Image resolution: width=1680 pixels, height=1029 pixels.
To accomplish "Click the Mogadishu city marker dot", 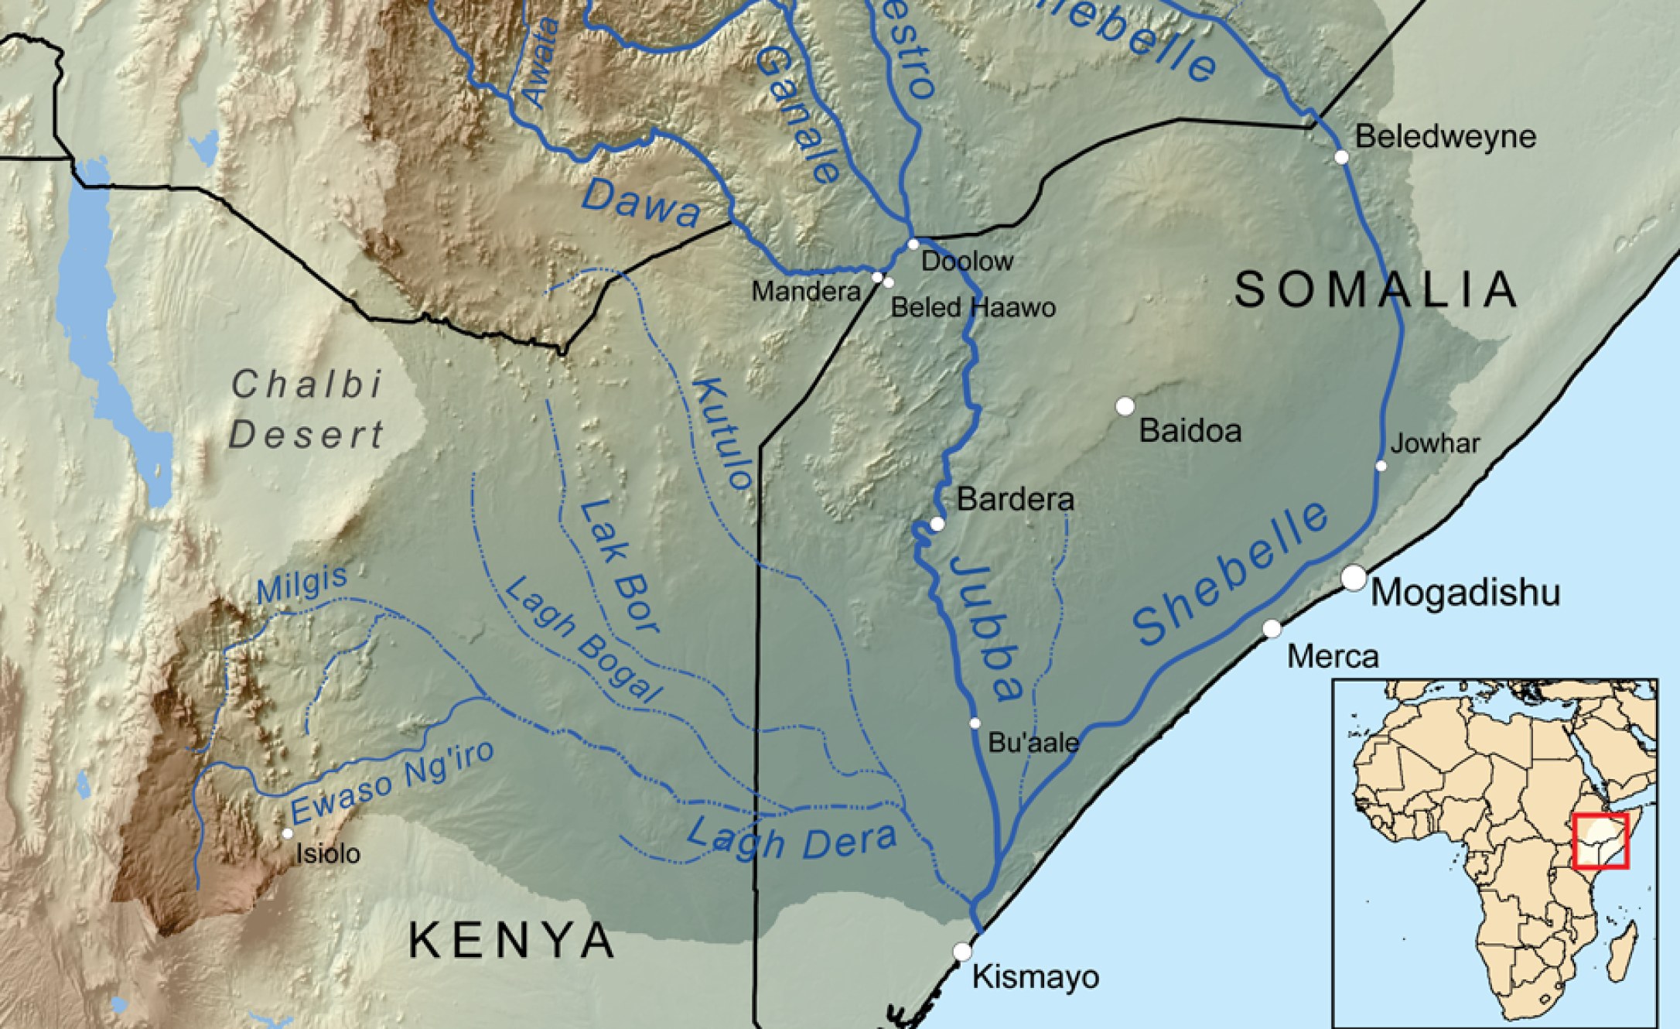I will click(x=1354, y=578).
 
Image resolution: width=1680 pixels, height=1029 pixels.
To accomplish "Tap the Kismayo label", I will click(x=1035, y=977).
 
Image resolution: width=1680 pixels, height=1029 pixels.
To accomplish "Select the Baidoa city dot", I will click(x=1125, y=406).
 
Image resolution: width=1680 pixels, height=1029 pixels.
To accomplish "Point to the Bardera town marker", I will click(x=937, y=525).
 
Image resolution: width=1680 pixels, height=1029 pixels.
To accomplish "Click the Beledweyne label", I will click(x=1445, y=137).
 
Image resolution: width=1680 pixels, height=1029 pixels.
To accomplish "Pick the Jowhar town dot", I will click(x=1381, y=466).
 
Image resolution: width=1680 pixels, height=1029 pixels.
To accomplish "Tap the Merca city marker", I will click(x=1272, y=629).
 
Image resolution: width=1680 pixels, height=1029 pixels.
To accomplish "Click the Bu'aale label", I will click(x=1033, y=743).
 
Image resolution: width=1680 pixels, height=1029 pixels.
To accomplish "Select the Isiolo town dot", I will click(x=287, y=833).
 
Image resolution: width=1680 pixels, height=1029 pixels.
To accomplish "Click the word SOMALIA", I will click(x=1375, y=290).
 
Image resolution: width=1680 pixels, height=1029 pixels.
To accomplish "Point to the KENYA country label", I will click(x=511, y=940).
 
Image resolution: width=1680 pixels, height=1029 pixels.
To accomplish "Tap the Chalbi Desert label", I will click(x=307, y=410).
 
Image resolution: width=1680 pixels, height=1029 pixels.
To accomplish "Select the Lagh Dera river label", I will click(x=790, y=839).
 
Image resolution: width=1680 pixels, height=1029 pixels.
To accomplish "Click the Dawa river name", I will click(x=640, y=203).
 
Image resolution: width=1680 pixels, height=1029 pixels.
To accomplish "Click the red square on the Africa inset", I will click(x=1600, y=841).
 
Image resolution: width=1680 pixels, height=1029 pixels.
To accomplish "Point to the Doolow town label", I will click(x=967, y=262).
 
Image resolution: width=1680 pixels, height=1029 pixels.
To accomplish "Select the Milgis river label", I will click(x=302, y=584).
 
